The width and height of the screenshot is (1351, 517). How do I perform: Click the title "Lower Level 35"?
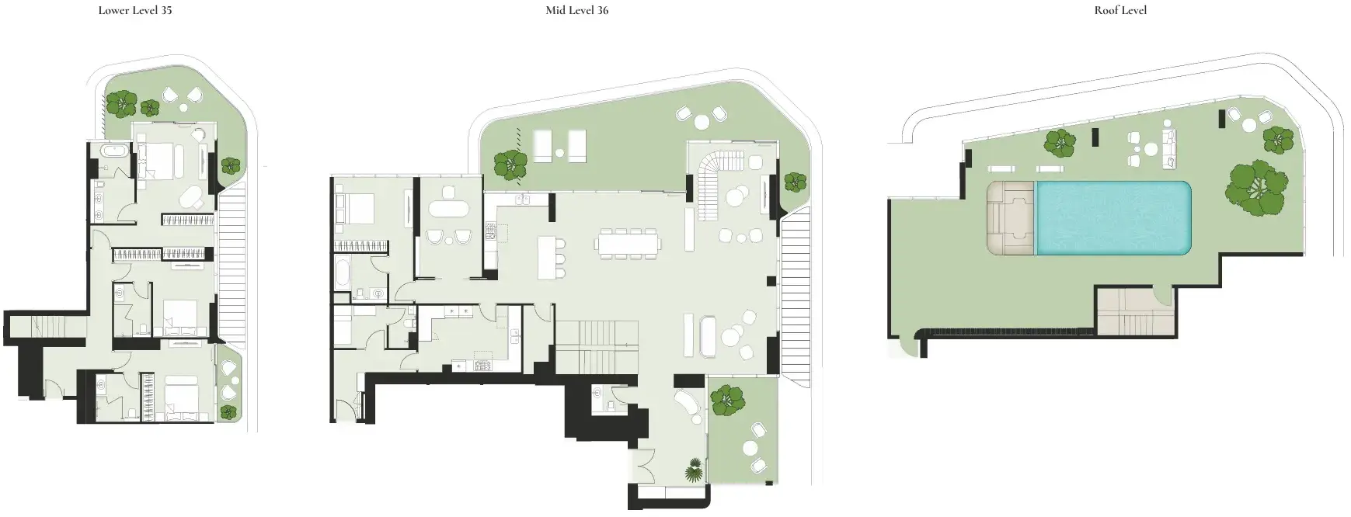pos(135,11)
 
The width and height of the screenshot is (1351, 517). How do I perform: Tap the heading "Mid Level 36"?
pos(576,11)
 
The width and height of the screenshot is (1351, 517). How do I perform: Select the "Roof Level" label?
pos(1120,11)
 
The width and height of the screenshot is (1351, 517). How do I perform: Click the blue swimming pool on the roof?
pos(1114,217)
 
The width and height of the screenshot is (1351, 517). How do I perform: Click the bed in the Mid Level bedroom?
pos(354,209)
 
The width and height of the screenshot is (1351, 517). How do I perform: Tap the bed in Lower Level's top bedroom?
pos(161,161)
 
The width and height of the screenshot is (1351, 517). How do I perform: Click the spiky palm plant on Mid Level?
pos(694,470)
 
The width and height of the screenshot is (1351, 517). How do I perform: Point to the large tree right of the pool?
pos(1256,187)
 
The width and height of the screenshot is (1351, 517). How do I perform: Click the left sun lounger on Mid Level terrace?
pos(543,146)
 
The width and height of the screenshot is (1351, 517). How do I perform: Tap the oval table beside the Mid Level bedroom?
pos(448,209)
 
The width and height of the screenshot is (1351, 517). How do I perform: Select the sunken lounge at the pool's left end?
pos(1011,218)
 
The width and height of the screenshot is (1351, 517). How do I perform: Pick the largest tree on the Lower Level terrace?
pos(121,103)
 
